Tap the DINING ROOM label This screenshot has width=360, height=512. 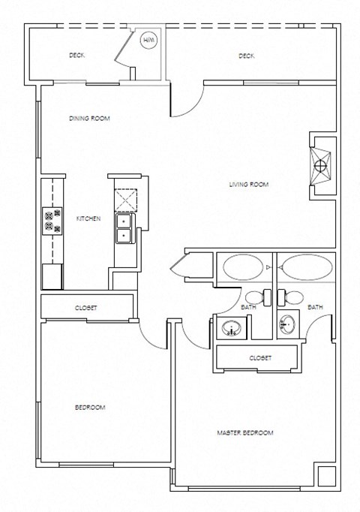89,118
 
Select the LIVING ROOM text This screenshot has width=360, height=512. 248,184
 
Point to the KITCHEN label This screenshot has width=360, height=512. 88,218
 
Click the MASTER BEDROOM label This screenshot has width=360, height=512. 244,433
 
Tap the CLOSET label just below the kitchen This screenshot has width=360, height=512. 85,308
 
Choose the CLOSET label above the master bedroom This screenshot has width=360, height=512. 260,358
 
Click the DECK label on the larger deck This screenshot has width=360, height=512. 247,56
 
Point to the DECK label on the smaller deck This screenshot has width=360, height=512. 76,56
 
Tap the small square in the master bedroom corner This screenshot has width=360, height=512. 325,477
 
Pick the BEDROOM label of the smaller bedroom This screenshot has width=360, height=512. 90,407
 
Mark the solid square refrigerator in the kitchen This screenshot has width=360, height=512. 52,276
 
